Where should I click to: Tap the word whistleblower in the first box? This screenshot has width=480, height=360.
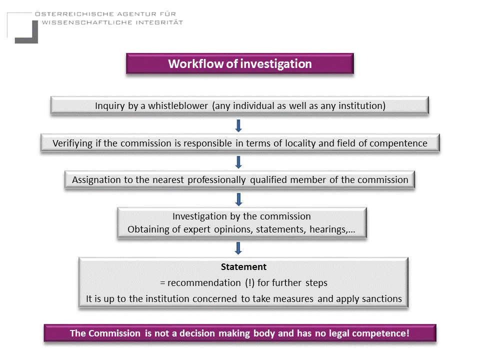tap(178, 105)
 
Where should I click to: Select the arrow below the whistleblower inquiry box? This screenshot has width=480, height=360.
tap(238, 125)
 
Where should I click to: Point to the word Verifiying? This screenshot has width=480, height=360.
tap(72, 143)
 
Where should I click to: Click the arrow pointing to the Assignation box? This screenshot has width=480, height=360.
tap(238, 162)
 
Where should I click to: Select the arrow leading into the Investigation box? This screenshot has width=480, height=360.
tap(238, 199)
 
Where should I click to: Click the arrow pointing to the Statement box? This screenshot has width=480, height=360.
tap(238, 248)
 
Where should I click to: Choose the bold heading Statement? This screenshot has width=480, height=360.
tap(243, 267)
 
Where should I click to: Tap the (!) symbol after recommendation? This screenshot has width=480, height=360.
tap(249, 282)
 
